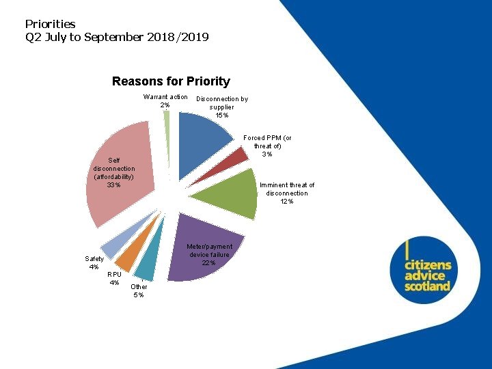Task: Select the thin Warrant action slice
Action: tap(167, 117)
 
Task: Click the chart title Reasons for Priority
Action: tap(171, 81)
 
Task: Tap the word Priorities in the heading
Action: tap(50, 24)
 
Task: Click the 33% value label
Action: tap(113, 185)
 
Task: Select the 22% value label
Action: tap(208, 263)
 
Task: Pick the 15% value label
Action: tap(222, 115)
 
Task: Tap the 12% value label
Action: tap(287, 202)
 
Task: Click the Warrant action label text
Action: tap(165, 97)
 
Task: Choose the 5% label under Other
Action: tap(139, 295)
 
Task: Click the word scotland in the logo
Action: tap(427, 286)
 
